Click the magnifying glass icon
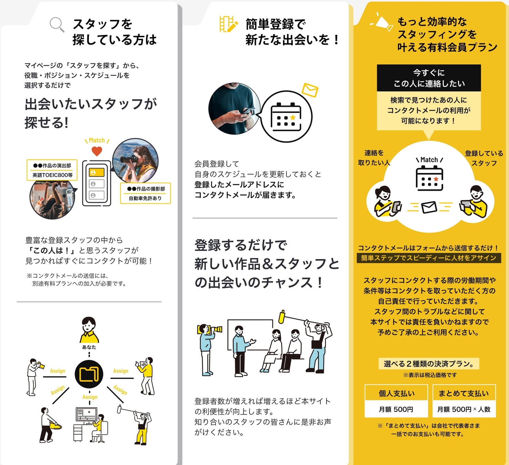[57, 24]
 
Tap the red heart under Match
[97, 151]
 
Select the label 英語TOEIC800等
[52, 175]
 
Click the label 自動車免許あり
[145, 198]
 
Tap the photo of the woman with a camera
[136, 161]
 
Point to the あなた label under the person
[89, 347]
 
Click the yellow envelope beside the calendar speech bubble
[310, 90]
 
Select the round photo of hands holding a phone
[234, 108]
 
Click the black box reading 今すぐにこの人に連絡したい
[429, 78]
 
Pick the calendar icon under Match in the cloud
[429, 178]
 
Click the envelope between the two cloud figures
[429, 207]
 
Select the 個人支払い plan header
[397, 393]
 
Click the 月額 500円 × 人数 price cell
[464, 409]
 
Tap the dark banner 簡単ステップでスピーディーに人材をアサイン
[429, 258]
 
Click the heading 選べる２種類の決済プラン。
[429, 364]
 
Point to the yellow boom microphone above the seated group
[282, 317]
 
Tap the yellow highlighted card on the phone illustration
[97, 172]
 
